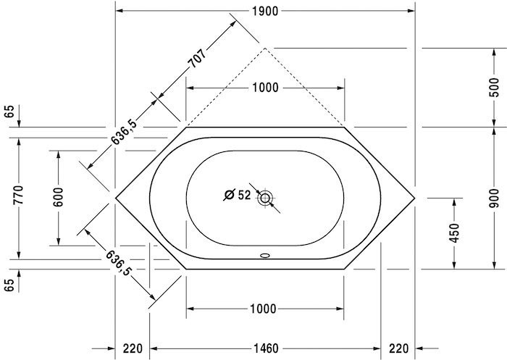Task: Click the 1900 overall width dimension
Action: point(265,11)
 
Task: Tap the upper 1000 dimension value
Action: point(265,88)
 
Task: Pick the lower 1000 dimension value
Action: point(265,309)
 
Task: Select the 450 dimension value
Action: point(455,233)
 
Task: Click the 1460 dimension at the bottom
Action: point(265,348)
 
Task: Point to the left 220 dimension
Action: point(132,348)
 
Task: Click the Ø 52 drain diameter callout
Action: point(237,195)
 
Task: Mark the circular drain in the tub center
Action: point(265,197)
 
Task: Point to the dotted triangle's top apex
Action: point(266,48)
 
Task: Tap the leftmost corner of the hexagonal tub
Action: point(116,197)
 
